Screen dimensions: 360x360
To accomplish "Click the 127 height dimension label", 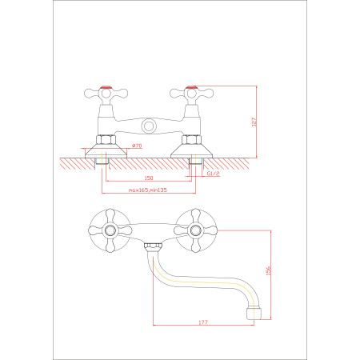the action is (254, 122).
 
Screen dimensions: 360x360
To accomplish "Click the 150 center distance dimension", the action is (149, 178).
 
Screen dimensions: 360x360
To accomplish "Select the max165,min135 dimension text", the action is (148, 190).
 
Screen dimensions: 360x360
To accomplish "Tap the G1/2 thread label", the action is (214, 174).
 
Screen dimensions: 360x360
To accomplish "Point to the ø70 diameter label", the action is (137, 146).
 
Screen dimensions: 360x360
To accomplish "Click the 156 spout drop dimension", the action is (268, 270).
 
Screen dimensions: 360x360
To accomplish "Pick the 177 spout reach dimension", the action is (203, 322).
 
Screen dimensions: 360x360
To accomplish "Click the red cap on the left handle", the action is (106, 87).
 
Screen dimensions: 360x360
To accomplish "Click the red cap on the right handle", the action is (191, 87).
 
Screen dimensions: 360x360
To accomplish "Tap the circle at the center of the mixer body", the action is (149, 126).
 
